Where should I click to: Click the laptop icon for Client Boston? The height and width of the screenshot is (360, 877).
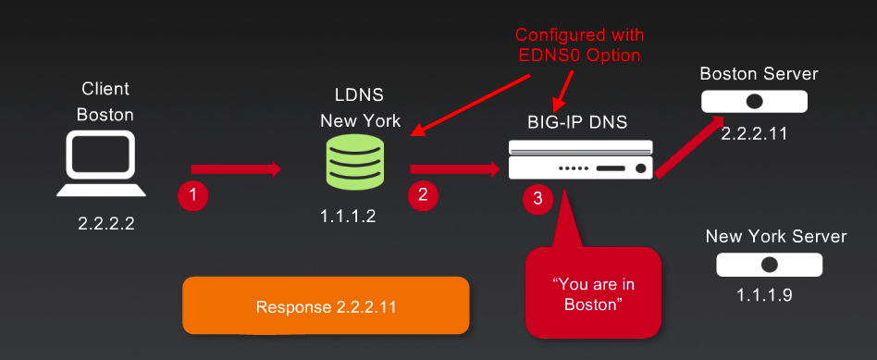click(x=101, y=165)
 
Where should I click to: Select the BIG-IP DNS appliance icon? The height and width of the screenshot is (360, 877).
click(x=580, y=159)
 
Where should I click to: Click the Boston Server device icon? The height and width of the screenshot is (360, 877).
click(x=754, y=101)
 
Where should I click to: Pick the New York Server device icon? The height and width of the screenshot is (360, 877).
click(x=769, y=265)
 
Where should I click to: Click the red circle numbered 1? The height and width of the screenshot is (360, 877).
click(x=192, y=195)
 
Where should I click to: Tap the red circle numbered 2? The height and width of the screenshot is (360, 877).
click(x=423, y=194)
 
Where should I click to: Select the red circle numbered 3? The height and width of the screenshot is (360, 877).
click(x=537, y=198)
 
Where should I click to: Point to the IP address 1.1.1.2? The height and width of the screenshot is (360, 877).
click(x=348, y=216)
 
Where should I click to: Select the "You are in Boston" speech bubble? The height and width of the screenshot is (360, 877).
click(x=592, y=292)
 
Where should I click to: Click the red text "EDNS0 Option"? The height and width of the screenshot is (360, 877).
click(x=580, y=55)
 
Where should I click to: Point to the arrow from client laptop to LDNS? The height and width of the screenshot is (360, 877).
click(x=235, y=168)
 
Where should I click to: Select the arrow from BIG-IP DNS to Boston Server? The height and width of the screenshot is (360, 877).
click(x=689, y=145)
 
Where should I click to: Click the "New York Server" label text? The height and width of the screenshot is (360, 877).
click(x=775, y=236)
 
